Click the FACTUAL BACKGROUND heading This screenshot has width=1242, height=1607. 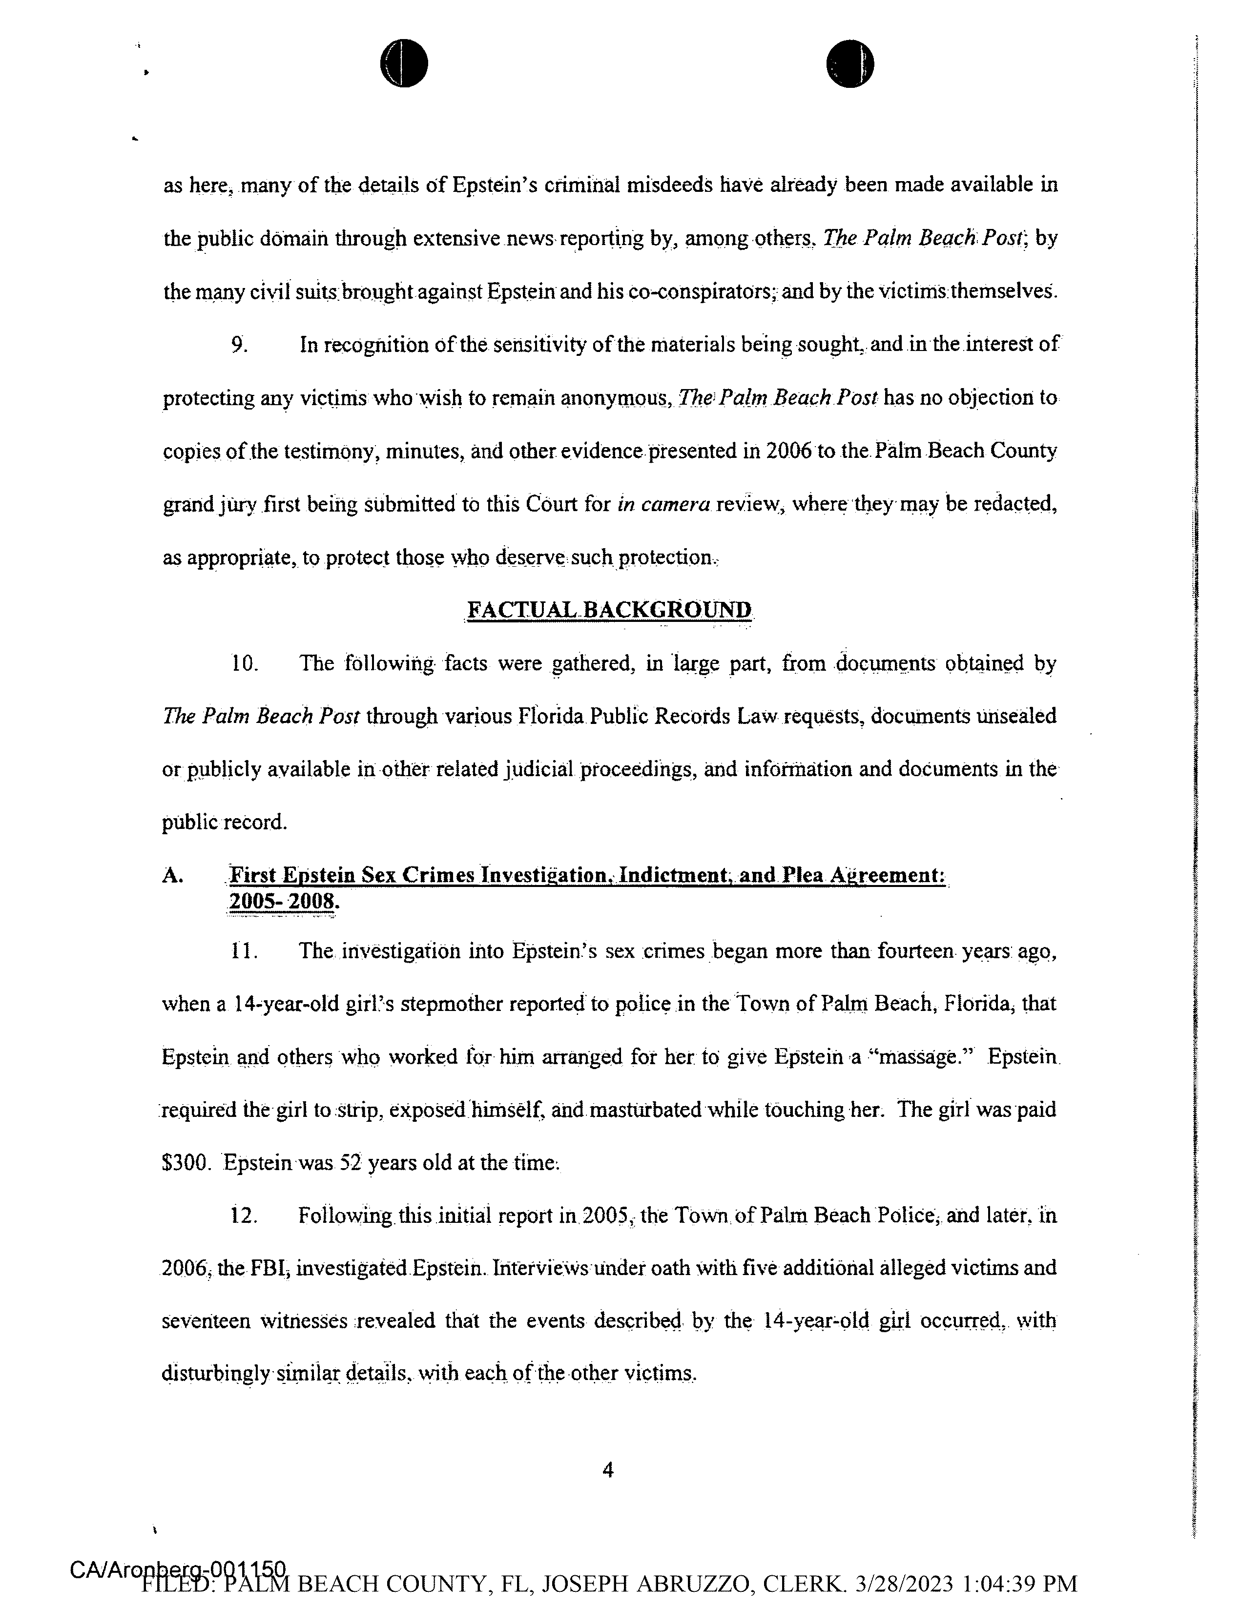tap(609, 610)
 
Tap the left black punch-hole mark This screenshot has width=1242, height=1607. tap(404, 63)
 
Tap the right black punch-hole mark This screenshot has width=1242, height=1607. tap(850, 63)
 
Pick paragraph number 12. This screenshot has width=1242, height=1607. tap(244, 1215)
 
